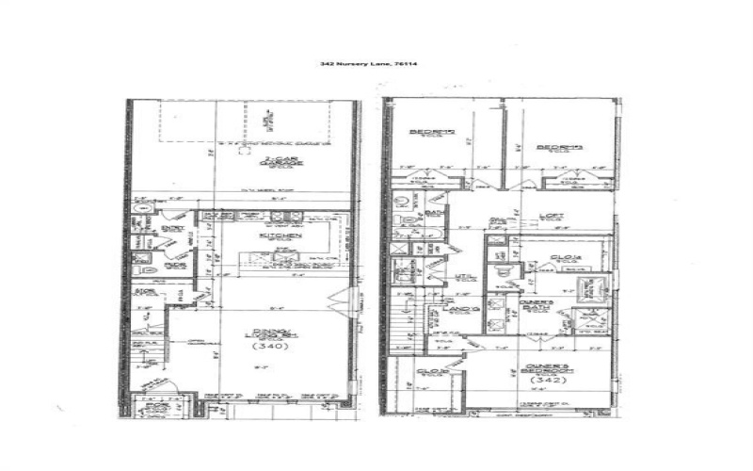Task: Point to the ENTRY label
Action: [x=172, y=227]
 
